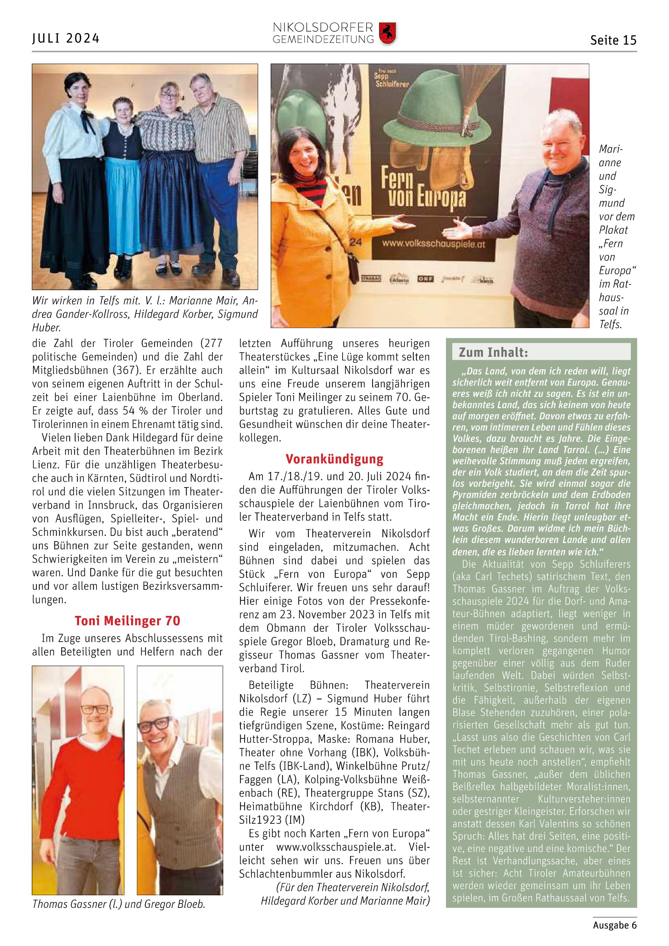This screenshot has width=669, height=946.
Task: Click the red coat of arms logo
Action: point(387,33)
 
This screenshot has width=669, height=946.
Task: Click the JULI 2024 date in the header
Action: point(66,38)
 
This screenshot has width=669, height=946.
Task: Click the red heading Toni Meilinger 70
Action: point(127,621)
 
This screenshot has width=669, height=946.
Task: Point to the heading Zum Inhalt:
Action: point(493,352)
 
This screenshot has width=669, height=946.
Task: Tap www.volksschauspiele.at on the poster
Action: point(433,244)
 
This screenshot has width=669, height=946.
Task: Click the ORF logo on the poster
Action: point(425,279)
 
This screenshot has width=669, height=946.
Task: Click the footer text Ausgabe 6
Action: point(615,925)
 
